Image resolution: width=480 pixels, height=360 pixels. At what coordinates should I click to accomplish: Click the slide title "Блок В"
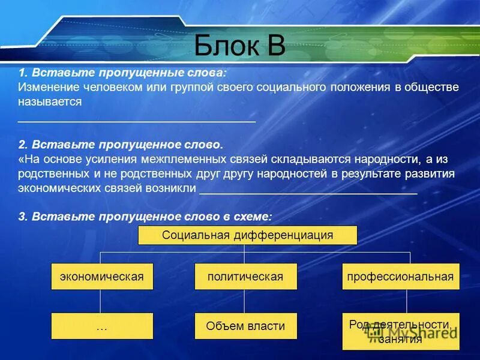pos(239,45)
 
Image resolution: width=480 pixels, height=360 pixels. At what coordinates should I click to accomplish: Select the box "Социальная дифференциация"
pos(247,235)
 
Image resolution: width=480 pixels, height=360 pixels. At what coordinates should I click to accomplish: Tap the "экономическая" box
pos(102,277)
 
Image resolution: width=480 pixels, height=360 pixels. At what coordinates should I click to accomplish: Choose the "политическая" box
pos(245,277)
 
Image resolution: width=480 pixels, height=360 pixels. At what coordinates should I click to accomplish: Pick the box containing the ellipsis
pos(102,326)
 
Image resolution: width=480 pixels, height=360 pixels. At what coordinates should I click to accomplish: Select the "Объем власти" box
pos(245,326)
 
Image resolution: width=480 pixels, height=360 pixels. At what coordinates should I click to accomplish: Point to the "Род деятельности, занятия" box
pos(400,331)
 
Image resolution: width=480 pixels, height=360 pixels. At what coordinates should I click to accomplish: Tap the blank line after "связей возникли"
pos(308,193)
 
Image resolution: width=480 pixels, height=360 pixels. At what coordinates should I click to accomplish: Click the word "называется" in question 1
pos(50,102)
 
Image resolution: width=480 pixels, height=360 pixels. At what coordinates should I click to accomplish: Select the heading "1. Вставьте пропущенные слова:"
pos(122,73)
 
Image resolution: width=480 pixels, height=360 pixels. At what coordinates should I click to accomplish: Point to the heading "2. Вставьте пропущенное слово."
pos(120,145)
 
